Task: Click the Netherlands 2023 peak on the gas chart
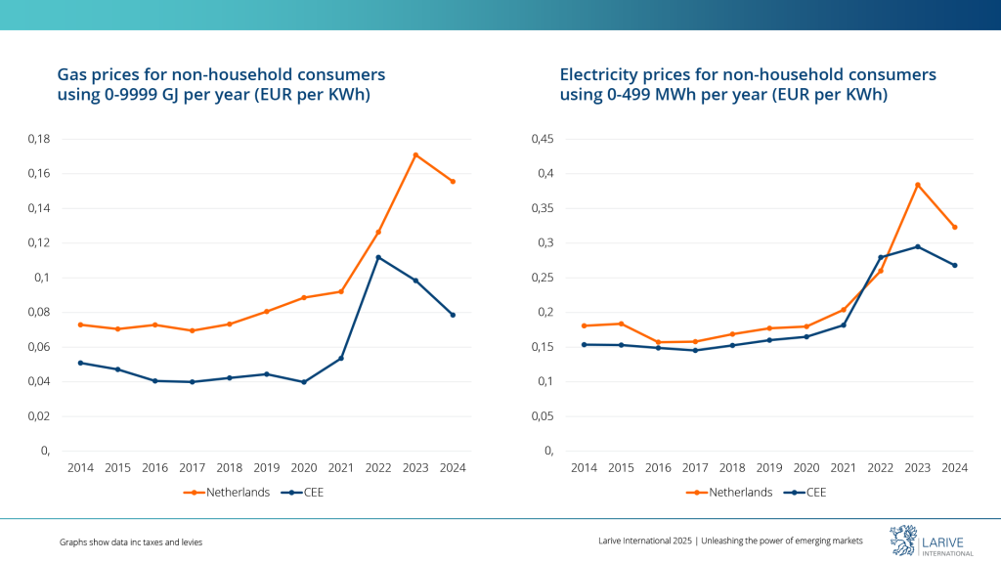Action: (415, 154)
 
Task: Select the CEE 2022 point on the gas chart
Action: (378, 257)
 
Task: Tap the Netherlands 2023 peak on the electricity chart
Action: (918, 185)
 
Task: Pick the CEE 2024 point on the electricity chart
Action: (955, 265)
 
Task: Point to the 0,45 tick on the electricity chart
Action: (540, 139)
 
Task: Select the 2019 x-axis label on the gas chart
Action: (267, 468)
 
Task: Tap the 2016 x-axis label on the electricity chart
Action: (658, 468)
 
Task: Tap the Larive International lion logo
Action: (902, 541)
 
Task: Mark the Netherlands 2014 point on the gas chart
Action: (80, 325)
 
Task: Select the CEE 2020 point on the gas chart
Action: (304, 382)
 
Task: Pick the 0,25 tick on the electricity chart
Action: (540, 278)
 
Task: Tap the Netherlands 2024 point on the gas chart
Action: (453, 181)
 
